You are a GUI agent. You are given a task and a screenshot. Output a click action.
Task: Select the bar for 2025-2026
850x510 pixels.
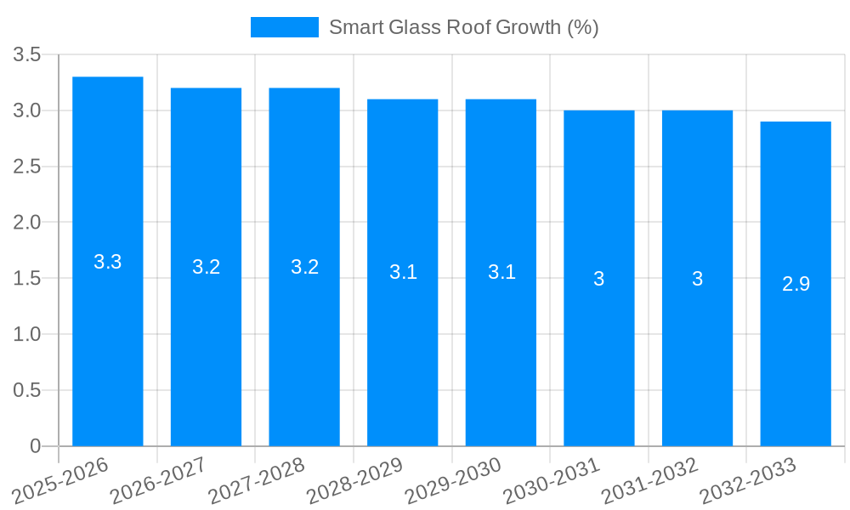click(108, 340)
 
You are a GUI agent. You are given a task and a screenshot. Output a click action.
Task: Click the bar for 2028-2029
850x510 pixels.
click(403, 357)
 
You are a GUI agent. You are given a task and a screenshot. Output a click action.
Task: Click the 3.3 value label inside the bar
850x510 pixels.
click(108, 262)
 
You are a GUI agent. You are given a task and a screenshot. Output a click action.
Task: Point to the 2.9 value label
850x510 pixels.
click(796, 284)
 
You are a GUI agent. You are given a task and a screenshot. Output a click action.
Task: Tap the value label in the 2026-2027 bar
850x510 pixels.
click(207, 267)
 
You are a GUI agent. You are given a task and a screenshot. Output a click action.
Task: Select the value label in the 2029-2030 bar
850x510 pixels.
click(501, 273)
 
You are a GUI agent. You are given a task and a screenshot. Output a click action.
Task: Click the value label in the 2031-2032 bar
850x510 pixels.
click(697, 279)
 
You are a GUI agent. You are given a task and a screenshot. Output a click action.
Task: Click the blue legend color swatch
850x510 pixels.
click(284, 27)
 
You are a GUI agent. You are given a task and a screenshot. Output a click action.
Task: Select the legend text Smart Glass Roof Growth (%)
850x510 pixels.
click(464, 27)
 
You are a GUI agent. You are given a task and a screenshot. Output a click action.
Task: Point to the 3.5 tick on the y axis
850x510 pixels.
click(27, 55)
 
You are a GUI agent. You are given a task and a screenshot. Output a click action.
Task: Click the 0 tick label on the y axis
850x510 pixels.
click(35, 446)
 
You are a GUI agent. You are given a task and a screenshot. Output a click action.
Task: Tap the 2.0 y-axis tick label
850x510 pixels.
click(27, 223)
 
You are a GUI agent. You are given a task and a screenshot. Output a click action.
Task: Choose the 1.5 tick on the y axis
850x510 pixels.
click(27, 279)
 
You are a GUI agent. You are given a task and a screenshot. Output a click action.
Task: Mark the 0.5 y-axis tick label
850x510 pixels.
click(27, 390)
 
